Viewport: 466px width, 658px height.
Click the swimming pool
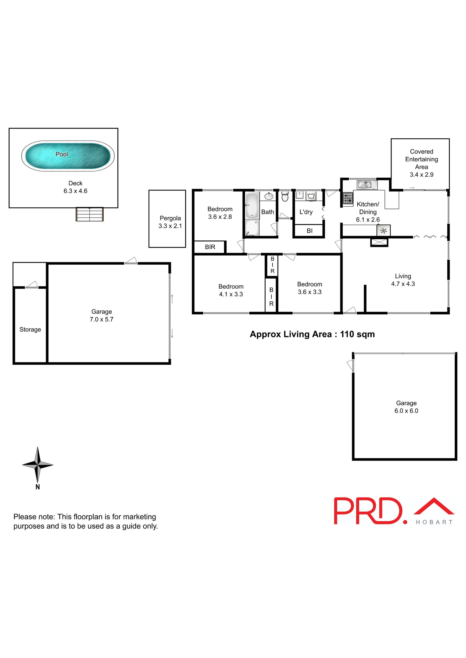(68, 156)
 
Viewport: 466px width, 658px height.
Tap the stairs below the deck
(90, 214)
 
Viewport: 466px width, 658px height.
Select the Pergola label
(170, 218)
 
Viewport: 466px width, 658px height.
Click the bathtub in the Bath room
(252, 206)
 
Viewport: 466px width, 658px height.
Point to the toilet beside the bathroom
(285, 197)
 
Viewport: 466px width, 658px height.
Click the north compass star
(38, 465)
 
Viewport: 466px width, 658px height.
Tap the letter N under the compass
(38, 487)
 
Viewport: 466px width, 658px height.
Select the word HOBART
(434, 522)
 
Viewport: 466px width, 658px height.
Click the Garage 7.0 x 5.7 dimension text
(101, 319)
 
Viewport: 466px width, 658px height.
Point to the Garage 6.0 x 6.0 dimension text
(406, 411)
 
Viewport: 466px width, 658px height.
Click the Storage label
(30, 329)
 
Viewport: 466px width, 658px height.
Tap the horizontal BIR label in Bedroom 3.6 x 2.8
(210, 247)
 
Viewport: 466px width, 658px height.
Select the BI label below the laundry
(310, 231)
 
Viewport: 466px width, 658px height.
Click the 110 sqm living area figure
(357, 334)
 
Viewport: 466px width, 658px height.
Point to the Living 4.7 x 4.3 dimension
(403, 284)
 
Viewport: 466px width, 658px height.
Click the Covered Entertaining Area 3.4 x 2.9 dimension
(421, 174)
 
